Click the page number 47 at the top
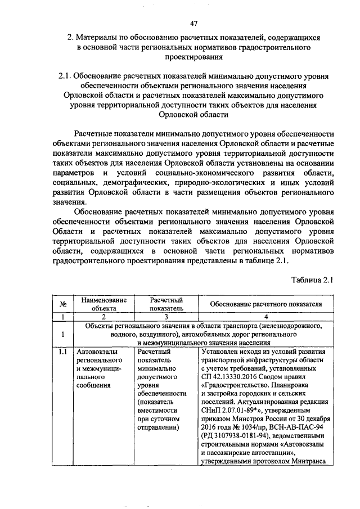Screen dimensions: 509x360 click(193, 23)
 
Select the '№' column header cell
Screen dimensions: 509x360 click(64, 304)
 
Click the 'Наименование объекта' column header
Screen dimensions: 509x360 click(103, 304)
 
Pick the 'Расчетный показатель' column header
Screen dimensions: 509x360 click(166, 304)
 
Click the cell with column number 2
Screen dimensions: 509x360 click(103, 317)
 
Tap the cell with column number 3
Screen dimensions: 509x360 click(166, 317)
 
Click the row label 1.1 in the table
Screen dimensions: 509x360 click(64, 353)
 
